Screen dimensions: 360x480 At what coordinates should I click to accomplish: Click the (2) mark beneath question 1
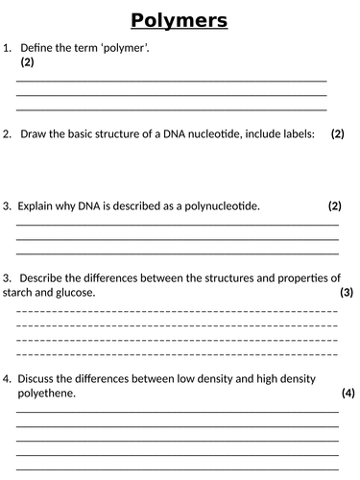click(27, 62)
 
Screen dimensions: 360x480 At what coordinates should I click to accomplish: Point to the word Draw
click(34, 134)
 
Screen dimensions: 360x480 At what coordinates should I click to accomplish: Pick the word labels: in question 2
click(292, 134)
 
